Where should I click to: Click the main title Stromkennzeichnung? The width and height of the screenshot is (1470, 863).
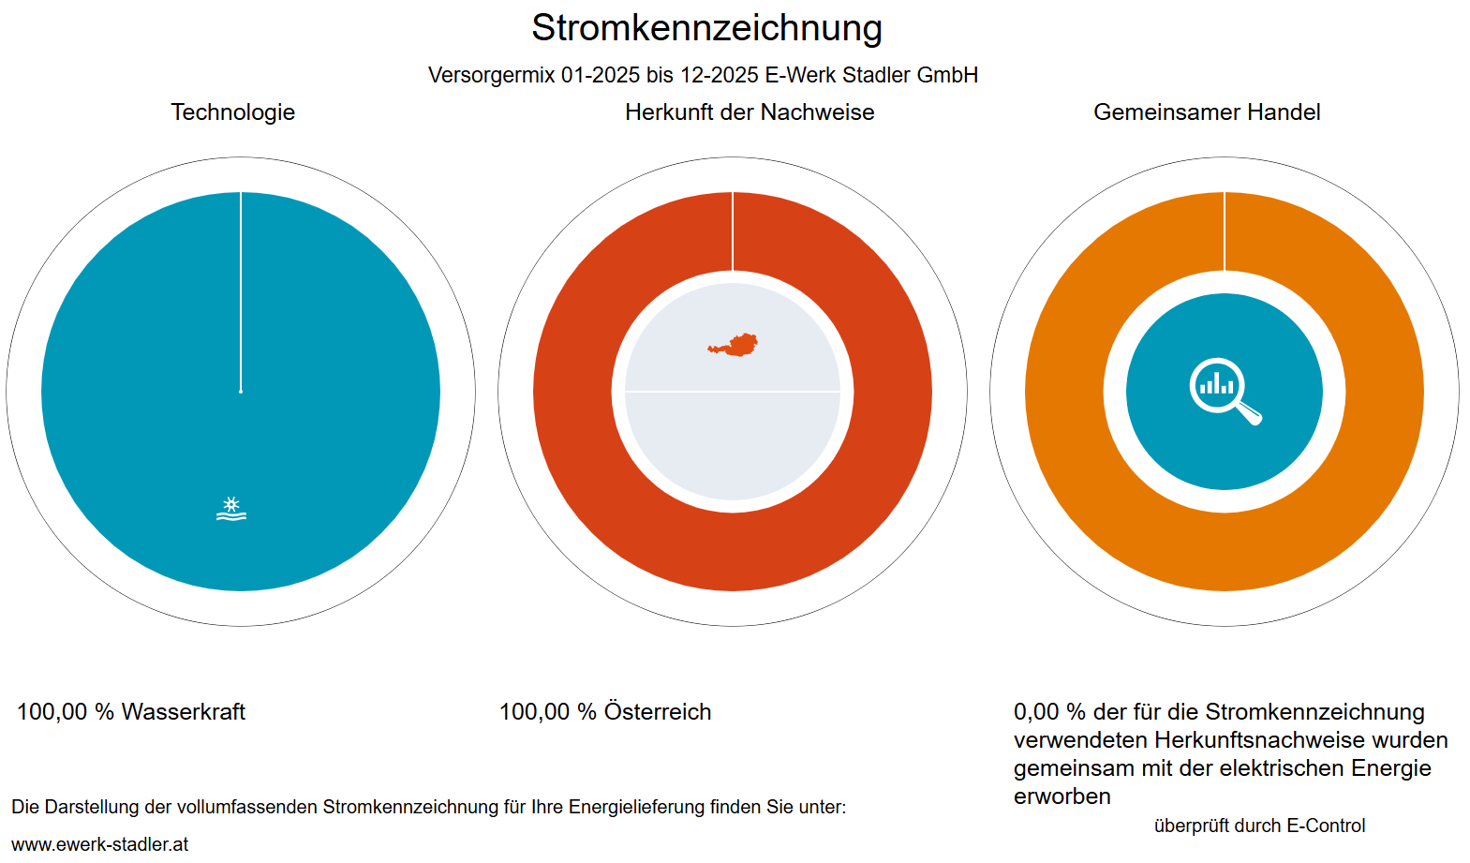click(x=706, y=28)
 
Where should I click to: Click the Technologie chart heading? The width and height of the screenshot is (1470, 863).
click(x=232, y=112)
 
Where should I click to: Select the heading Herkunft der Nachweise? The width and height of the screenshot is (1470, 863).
click(x=750, y=112)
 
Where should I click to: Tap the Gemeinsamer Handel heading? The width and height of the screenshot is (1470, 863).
click(x=1207, y=112)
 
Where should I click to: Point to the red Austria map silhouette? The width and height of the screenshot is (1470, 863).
click(x=735, y=346)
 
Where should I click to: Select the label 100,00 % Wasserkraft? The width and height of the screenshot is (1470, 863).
click(x=131, y=712)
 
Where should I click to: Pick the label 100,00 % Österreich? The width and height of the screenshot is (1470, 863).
click(x=605, y=712)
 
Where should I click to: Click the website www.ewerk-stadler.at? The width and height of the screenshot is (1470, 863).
click(x=100, y=844)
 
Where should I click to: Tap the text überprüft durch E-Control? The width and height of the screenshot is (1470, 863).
click(x=1259, y=826)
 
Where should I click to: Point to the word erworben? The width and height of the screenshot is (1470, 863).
click(x=1062, y=796)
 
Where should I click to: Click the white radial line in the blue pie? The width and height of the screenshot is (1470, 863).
click(x=241, y=290)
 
